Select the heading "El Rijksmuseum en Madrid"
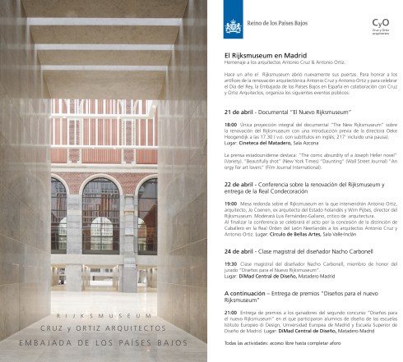[x=263, y=55]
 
